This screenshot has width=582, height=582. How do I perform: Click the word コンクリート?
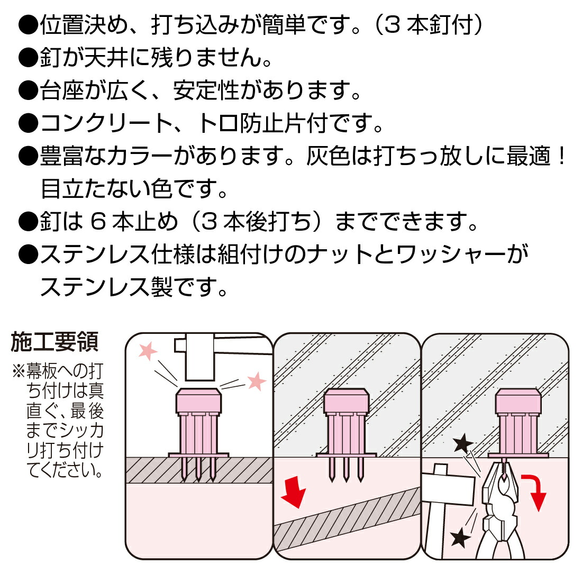tap(106, 124)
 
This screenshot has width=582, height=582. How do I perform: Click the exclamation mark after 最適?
tap(561, 157)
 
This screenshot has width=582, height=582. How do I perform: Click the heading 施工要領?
tap(54, 342)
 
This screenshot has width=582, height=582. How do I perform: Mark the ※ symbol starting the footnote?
tap(19, 371)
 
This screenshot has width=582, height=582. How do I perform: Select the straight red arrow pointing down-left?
tap(294, 490)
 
